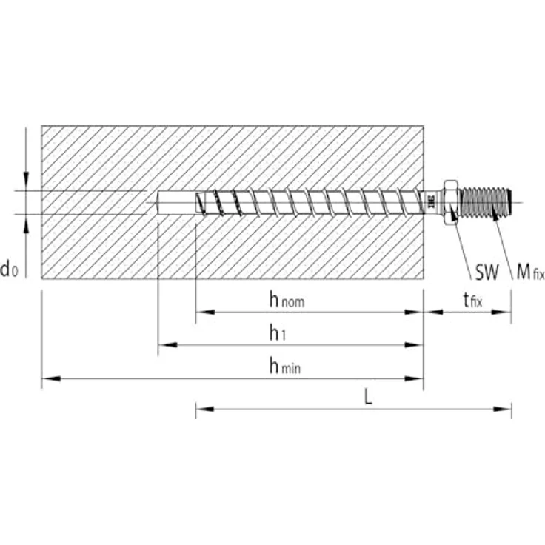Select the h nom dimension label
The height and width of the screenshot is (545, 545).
click(x=286, y=300)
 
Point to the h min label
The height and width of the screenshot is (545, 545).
click(x=286, y=366)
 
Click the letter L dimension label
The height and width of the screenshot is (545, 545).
click(x=368, y=396)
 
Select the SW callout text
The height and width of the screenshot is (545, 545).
click(x=487, y=273)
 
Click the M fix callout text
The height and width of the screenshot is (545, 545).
click(x=529, y=273)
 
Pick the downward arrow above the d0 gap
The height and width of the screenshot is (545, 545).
click(x=26, y=182)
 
